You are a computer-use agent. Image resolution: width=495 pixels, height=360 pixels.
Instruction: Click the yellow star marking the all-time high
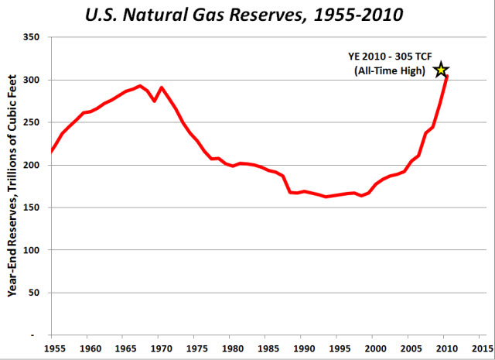coord(441,70)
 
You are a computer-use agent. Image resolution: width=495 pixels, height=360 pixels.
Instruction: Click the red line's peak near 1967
coord(140,86)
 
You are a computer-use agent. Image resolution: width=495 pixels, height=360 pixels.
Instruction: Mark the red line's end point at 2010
coord(446,76)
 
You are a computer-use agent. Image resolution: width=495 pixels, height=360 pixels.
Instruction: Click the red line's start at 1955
coord(52,151)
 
